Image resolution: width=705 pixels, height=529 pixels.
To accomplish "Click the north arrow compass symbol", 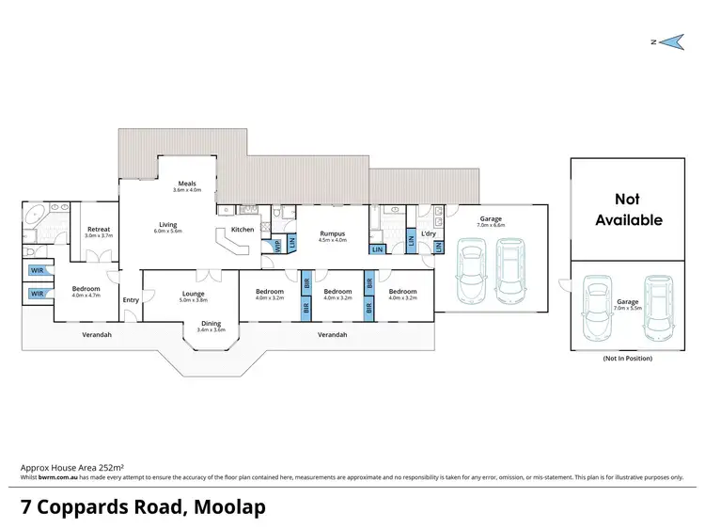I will point(669,40).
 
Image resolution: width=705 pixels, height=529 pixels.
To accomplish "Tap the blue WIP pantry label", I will point(277,246).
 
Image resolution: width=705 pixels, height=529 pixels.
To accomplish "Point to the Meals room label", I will point(187,184).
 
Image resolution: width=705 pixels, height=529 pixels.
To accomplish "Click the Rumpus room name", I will point(333,233).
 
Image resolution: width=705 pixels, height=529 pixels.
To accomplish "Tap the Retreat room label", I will point(100,229).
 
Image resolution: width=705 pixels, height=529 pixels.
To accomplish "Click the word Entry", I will point(130,300).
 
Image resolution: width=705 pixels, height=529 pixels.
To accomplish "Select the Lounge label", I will point(193,294).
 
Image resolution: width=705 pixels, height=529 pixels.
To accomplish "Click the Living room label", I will point(168,225).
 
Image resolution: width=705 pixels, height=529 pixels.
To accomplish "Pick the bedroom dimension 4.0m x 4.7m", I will point(86,296).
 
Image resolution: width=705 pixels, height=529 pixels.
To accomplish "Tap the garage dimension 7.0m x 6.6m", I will point(491,225).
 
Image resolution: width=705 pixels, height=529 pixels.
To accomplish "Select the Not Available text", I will point(626,209).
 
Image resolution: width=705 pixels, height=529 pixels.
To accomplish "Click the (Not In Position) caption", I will point(626,359).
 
